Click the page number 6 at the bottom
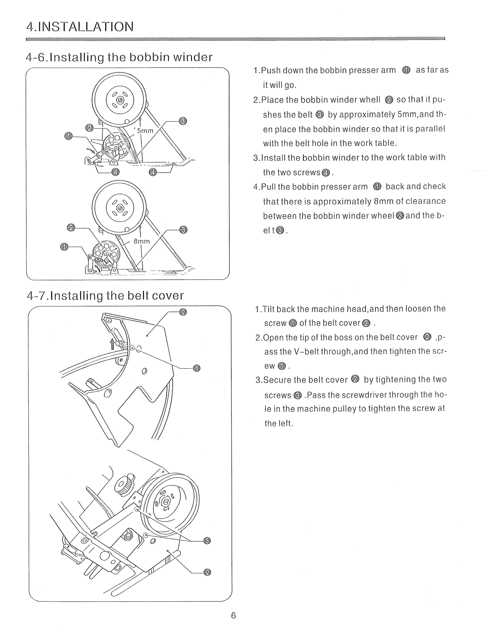coord(233,616)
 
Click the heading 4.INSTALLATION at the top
coord(79,27)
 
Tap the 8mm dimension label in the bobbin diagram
coord(142,241)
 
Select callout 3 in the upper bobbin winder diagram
coord(182,121)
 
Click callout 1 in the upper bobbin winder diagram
coord(68,136)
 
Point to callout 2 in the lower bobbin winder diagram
coord(71,227)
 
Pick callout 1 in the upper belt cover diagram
coord(197,369)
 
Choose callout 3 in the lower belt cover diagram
coord(207,541)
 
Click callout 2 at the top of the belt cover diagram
coord(182,312)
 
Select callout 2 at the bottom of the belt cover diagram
coord(207,572)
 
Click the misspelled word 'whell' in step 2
coord(371,99)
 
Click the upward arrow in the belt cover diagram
coord(112,343)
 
